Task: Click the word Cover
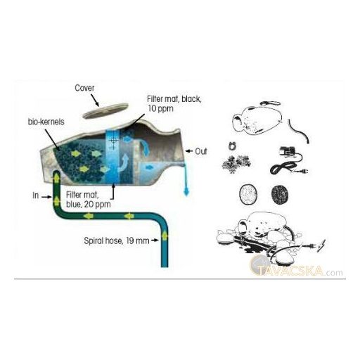pyautogui.click(x=84, y=88)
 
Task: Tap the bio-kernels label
pyautogui.click(x=46, y=122)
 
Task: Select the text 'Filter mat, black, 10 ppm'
pyautogui.click(x=174, y=104)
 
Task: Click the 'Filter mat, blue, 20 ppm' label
pyautogui.click(x=89, y=200)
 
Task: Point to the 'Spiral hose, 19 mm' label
pyautogui.click(x=117, y=240)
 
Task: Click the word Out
pyautogui.click(x=201, y=151)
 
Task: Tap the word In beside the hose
pyautogui.click(x=36, y=195)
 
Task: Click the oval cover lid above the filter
pyautogui.click(x=106, y=110)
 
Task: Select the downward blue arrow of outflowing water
pyautogui.click(x=186, y=180)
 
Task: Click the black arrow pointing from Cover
pyautogui.click(x=95, y=100)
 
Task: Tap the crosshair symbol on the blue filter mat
pyautogui.click(x=114, y=141)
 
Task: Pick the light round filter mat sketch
pyautogui.click(x=248, y=194)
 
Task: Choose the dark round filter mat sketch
pyautogui.click(x=280, y=194)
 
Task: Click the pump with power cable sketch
pyautogui.click(x=289, y=161)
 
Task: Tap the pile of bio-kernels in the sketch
pyautogui.click(x=236, y=162)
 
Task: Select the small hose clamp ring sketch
pyautogui.click(x=232, y=146)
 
